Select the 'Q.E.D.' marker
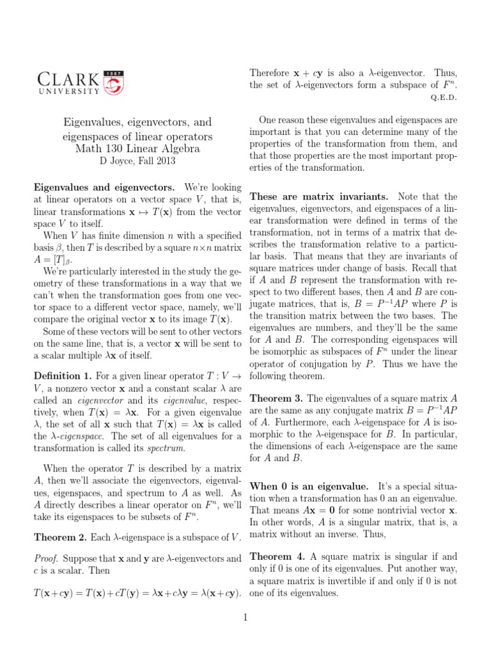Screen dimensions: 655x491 point(444,98)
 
